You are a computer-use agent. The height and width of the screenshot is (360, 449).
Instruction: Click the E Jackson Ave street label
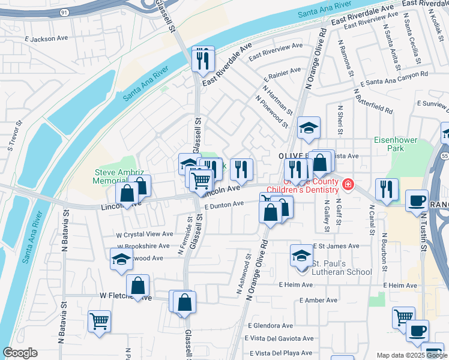46,38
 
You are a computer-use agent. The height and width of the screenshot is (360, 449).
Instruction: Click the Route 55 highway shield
444,155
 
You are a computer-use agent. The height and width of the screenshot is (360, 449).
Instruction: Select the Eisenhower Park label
396,143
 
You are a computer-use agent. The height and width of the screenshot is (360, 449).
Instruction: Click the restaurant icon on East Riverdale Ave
203,59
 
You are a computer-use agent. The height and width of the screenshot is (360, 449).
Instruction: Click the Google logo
20,352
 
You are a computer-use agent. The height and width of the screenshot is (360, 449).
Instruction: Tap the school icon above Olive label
309,128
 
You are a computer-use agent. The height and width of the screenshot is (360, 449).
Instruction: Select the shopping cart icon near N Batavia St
99,320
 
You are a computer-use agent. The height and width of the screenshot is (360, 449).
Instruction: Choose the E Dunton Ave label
224,204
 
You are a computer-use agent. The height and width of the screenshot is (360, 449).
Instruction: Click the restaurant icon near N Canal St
387,190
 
